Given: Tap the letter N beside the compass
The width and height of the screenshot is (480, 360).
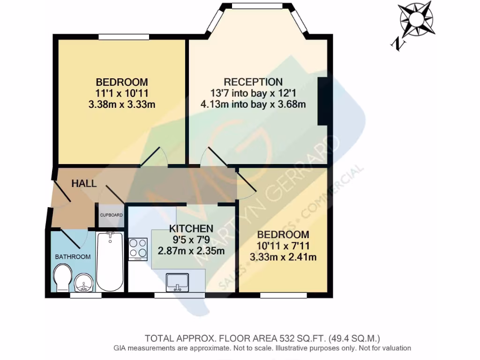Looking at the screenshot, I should [x=398, y=44].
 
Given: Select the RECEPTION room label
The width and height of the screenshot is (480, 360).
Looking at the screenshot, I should [x=253, y=82].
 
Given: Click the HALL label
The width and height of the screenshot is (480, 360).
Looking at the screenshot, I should [x=84, y=184].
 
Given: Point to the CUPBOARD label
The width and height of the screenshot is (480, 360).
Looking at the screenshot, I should [x=111, y=215].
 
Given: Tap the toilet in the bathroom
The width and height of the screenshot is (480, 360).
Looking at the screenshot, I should [x=61, y=277].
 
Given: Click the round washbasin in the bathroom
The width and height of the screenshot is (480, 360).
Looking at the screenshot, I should [x=85, y=283].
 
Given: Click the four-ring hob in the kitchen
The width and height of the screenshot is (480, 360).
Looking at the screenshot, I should [x=138, y=248].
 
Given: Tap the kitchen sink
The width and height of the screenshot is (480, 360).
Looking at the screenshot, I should [x=177, y=282].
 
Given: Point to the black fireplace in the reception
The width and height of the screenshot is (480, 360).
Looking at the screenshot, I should [x=322, y=101].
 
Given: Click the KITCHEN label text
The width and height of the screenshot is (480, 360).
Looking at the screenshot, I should [x=191, y=229].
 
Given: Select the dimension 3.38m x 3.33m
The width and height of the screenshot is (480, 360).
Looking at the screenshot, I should [x=121, y=105].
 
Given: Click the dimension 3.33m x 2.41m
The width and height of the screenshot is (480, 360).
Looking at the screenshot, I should [x=283, y=256].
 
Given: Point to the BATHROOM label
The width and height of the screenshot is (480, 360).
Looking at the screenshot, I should [x=73, y=256].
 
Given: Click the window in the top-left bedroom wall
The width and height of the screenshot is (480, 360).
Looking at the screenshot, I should [x=124, y=37].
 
